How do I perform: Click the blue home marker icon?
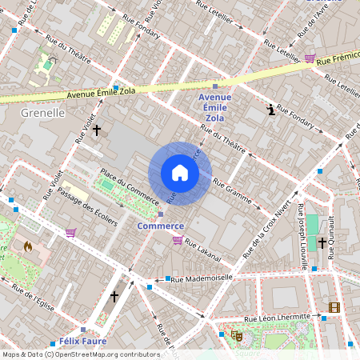pos(180,173)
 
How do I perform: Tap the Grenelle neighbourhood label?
pos(42,113)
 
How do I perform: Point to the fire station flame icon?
pos(29,247)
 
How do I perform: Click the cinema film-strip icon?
pos(334,307)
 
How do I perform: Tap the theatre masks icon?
pos(236,336)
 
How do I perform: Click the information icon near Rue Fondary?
pos(272,110)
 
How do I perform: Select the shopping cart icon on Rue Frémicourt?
pos(310,58)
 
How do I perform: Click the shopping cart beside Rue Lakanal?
pos(178,239)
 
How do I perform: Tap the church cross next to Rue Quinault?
pos(322,242)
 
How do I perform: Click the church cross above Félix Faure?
pos(114,297)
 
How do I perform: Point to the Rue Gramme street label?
pos(233,192)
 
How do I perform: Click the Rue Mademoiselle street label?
pos(202,278)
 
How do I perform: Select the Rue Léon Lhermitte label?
pos(278,318)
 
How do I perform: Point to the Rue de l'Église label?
pos(32,298)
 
